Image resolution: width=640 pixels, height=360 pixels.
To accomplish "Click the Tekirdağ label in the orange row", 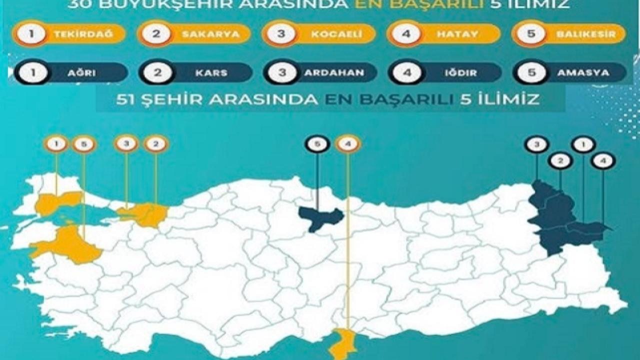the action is [x=83, y=34].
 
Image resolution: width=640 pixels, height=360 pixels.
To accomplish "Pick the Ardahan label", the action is [x=333, y=72].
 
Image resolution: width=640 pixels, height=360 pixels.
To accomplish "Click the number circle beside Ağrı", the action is [x=32, y=72].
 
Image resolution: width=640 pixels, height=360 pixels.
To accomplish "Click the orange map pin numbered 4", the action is [x=348, y=144].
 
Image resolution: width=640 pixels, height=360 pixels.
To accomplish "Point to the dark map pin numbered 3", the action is [x=536, y=144].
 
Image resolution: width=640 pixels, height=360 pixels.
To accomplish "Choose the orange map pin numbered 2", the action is [x=156, y=144].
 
